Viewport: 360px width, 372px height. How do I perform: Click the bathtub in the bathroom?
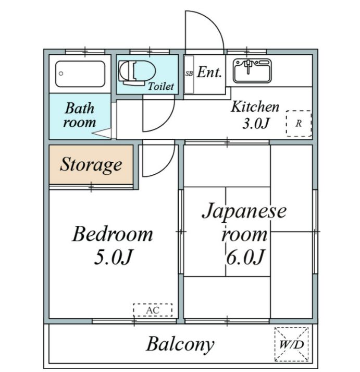80,74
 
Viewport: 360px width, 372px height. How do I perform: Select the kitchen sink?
252,71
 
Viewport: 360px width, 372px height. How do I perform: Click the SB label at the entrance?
189,74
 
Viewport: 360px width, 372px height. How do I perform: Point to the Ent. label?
209,72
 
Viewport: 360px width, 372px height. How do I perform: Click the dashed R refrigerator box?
299,123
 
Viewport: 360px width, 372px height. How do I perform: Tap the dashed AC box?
153,310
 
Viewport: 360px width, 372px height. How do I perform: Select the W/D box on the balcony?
292,344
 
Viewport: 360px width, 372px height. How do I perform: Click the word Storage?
91,165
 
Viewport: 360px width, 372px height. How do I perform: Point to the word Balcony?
180,344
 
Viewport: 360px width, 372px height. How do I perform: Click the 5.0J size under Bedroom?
113,257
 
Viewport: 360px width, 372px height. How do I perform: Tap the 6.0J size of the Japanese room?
245,257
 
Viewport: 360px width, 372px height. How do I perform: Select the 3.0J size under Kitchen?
256,123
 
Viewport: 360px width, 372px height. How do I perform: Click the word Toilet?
161,87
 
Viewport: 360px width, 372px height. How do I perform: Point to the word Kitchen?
255,107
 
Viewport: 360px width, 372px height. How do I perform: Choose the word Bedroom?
113,234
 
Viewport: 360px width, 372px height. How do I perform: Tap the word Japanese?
244,211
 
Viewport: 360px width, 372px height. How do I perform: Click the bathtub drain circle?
61,74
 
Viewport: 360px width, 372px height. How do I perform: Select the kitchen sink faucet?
248,66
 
